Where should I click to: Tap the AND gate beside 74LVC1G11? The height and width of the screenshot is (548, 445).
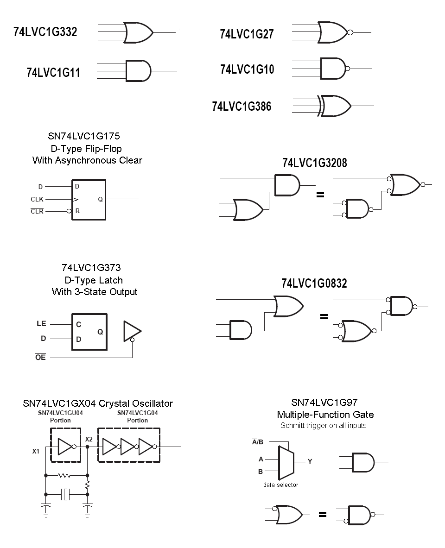point(138,71)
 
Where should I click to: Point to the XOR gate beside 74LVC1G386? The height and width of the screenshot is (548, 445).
point(335,106)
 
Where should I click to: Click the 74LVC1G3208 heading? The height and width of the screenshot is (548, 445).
point(315,163)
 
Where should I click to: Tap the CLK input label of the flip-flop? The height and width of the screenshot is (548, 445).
point(37,200)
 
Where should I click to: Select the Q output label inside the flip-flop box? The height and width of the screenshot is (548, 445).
point(100,200)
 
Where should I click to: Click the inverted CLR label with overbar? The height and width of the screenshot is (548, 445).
point(37,212)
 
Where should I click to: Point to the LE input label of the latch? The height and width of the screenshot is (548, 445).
point(41,324)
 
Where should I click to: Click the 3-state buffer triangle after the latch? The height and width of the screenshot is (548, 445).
point(131,331)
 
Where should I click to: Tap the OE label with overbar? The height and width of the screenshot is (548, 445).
point(41,358)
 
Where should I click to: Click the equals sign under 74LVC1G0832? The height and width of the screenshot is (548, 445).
point(324,317)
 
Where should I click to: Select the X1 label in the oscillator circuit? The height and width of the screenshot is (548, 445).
point(36,451)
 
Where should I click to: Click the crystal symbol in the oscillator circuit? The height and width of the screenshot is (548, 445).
point(66,495)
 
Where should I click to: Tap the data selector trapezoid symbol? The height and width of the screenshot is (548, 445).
point(283,463)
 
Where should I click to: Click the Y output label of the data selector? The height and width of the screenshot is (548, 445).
point(310,461)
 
